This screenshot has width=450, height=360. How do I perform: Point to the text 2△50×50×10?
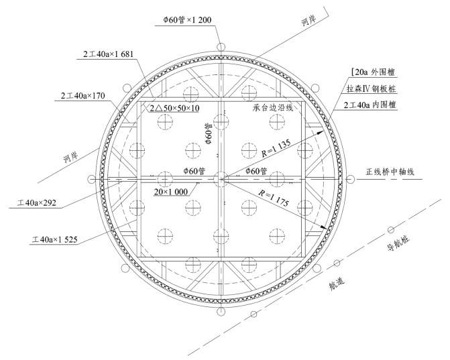coord(170,108)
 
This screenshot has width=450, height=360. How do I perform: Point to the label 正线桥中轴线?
coord(395,172)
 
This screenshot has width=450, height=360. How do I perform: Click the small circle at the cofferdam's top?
coord(221,46)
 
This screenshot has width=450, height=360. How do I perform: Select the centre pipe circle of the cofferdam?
coord(221,178)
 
